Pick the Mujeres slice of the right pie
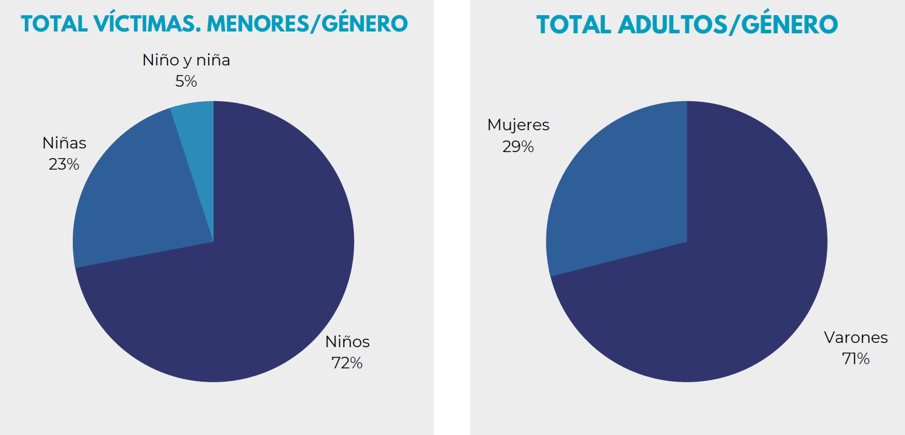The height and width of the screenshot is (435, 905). [x=619, y=188]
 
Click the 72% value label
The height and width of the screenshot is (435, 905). [x=347, y=363]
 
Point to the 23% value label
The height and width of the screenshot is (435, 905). [x=64, y=164]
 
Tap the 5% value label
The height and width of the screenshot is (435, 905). [x=186, y=81]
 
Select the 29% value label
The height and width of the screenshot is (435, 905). [x=518, y=147]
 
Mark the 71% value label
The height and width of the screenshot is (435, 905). [x=855, y=359]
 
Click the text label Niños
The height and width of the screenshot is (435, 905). [x=347, y=342]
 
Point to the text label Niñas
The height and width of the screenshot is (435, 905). [x=64, y=143]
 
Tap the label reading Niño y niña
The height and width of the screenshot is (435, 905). [x=186, y=60]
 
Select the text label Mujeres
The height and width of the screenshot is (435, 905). [x=518, y=125]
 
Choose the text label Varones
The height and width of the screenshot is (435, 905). [x=855, y=337]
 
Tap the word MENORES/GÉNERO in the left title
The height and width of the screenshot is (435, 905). [x=307, y=24]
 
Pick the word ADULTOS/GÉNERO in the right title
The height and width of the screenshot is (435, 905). [x=728, y=25]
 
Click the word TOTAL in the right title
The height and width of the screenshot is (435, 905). [x=574, y=25]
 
